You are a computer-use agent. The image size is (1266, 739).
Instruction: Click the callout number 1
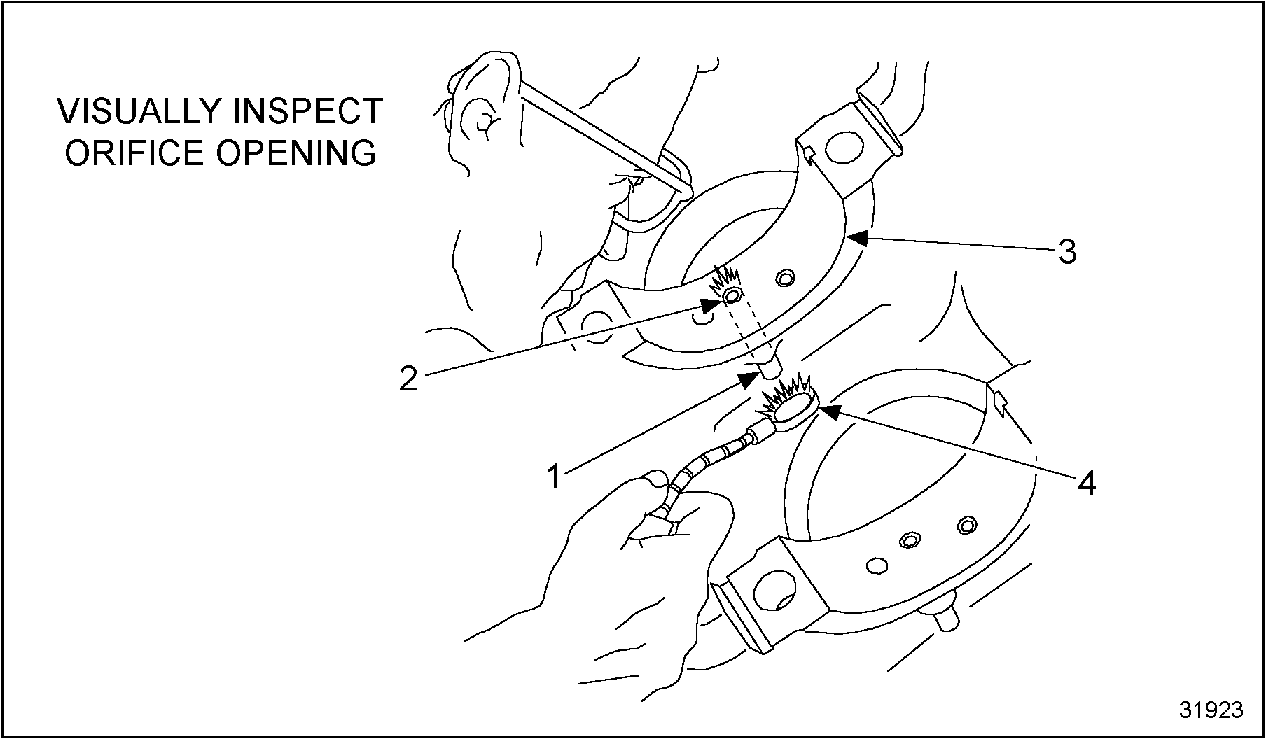[554, 478]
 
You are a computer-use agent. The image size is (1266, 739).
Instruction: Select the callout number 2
[408, 379]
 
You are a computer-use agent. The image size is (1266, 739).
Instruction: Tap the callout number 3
[1066, 251]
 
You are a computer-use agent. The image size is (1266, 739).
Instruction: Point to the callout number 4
[1086, 483]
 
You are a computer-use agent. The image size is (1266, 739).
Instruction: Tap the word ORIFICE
[136, 153]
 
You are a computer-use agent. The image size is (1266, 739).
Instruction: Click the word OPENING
[296, 153]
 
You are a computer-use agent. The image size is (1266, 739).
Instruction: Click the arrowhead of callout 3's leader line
[856, 239]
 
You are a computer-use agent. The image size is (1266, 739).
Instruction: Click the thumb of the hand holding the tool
[655, 482]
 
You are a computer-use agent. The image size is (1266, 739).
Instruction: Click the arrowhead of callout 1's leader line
[749, 380]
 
